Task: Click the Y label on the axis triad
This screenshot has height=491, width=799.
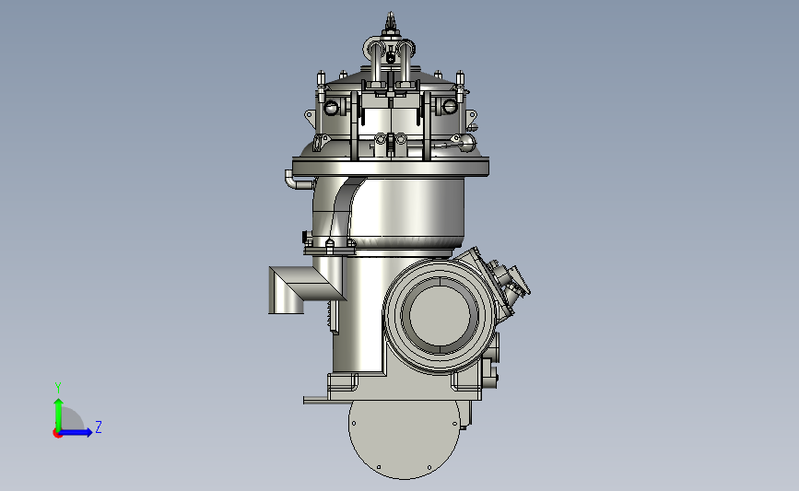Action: pos(58,388)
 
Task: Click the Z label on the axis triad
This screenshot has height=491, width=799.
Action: pos(99,427)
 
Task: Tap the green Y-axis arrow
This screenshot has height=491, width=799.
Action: pos(59,415)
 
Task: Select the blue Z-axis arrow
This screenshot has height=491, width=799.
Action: pos(76,432)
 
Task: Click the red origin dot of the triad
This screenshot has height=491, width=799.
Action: pos(57,433)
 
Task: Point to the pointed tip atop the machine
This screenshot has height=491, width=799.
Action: pos(391,16)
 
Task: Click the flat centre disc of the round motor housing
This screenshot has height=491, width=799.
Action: pos(440,315)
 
